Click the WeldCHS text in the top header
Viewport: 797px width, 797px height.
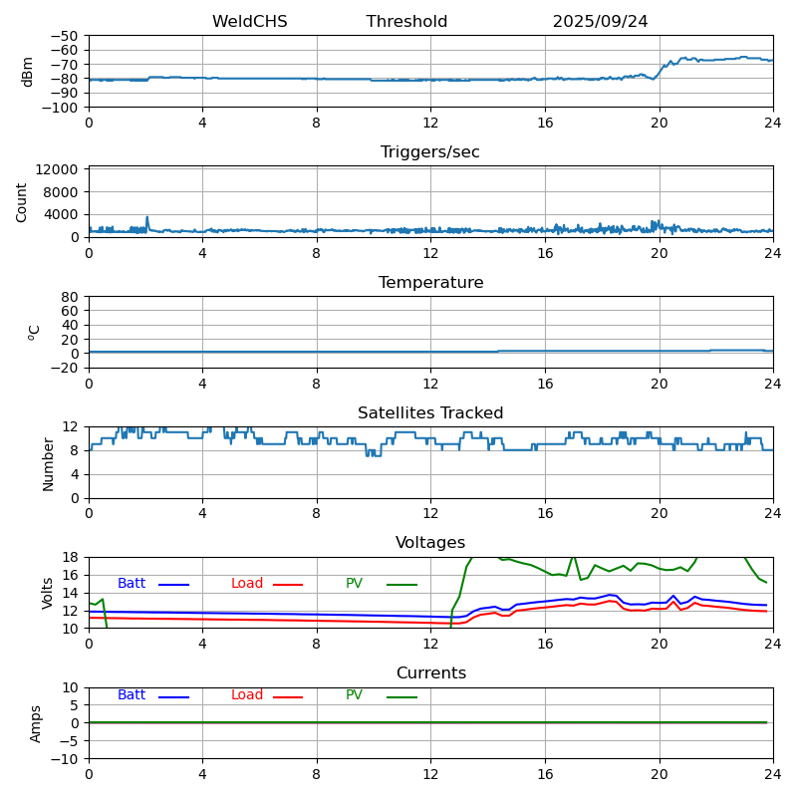[x=249, y=22]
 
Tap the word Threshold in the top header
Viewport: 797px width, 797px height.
[x=406, y=22]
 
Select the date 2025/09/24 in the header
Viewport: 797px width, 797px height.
[x=600, y=22]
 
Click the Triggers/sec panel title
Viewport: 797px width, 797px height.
[x=430, y=152]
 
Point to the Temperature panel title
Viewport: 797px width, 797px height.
[x=430, y=283]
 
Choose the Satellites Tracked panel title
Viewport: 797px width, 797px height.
[x=430, y=413]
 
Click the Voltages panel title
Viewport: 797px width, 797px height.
[x=430, y=543]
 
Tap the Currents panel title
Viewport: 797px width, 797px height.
[x=430, y=673]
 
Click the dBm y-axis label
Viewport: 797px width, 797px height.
[x=28, y=72]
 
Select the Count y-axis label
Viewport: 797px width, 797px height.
[x=23, y=202]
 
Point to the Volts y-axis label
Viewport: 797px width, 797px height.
[x=48, y=593]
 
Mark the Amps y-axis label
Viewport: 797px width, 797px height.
[x=36, y=723]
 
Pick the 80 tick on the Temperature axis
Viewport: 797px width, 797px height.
[x=70, y=297]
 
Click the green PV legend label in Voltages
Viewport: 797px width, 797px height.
[x=354, y=584]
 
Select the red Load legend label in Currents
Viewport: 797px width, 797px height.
[x=247, y=695]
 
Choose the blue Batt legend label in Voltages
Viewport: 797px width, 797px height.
[x=132, y=584]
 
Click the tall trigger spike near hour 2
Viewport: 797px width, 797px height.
[x=147, y=219]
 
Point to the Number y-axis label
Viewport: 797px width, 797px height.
[x=48, y=463]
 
